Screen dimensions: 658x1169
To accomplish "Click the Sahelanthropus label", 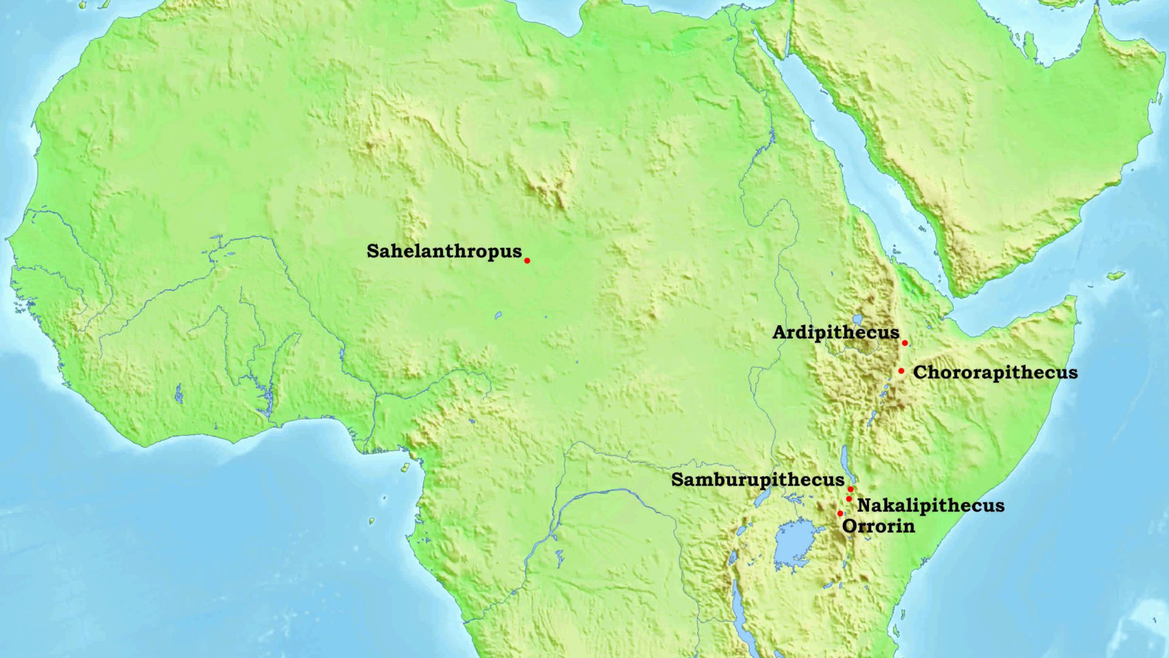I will tap(444, 251).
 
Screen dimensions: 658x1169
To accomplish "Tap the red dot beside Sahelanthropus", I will tap(527, 261).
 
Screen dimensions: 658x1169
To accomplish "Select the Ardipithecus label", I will tap(835, 333).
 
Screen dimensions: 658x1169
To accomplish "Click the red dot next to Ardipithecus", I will tap(905, 343).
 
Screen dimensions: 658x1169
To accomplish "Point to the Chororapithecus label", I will tap(995, 373).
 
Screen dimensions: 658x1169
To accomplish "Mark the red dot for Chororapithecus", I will tap(901, 370).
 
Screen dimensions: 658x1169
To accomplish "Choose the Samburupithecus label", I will tap(757, 480).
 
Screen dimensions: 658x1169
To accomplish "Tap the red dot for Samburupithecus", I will tap(851, 489).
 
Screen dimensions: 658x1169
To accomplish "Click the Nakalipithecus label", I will tap(930, 506).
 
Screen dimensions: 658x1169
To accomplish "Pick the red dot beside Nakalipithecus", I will tap(849, 499).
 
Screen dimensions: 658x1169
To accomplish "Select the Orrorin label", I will tap(879, 526).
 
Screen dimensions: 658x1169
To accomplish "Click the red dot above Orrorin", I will tap(840, 514).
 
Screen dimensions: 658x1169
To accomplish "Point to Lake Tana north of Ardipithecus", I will tap(858, 319).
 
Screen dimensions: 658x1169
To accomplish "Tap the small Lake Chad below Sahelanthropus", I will tap(498, 316).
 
